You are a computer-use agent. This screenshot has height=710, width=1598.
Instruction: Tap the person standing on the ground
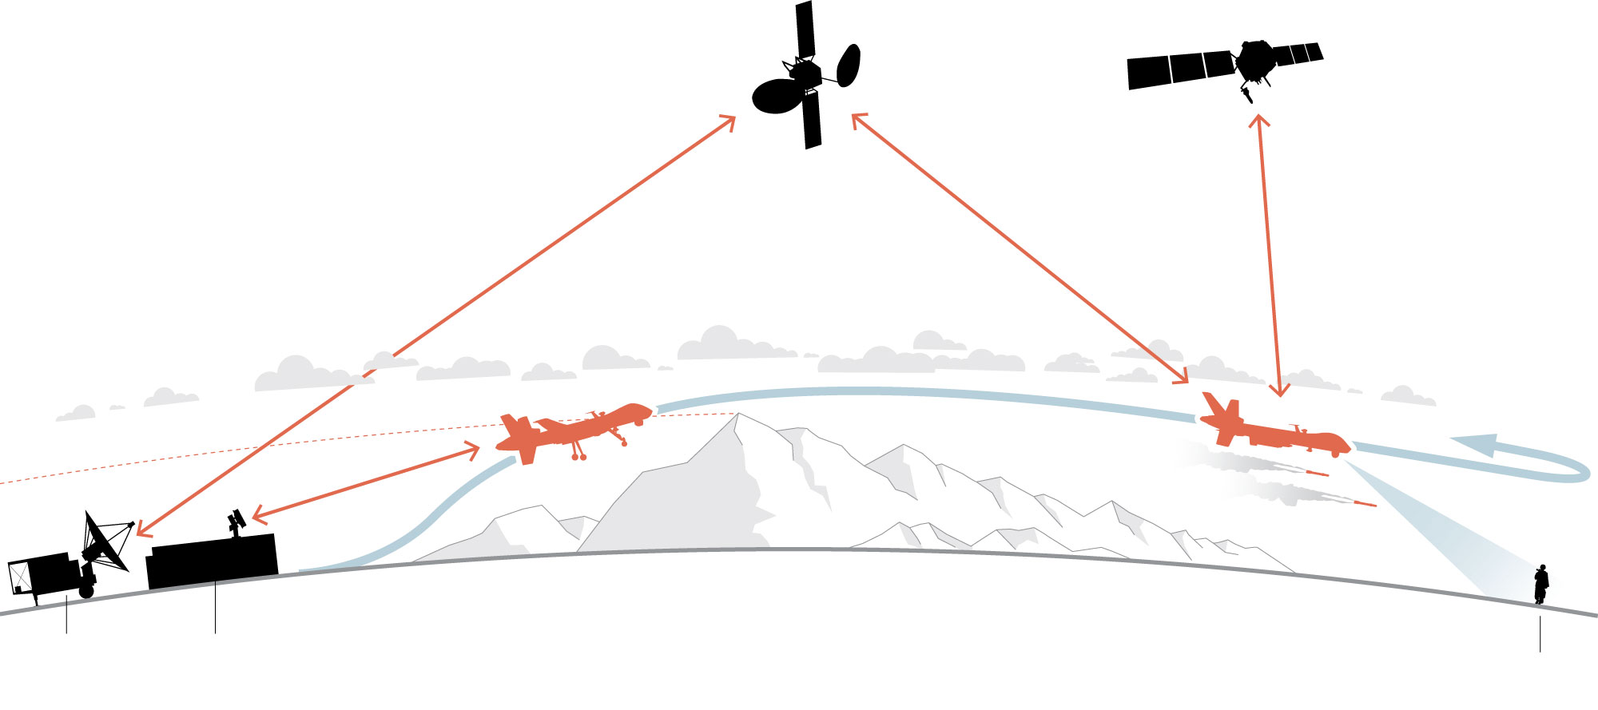(1540, 585)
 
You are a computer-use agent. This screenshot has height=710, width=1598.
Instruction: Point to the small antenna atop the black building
(235, 522)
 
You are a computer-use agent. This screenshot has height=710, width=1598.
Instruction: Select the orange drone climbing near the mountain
(571, 432)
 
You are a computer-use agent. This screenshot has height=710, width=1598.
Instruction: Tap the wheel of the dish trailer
(86, 592)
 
